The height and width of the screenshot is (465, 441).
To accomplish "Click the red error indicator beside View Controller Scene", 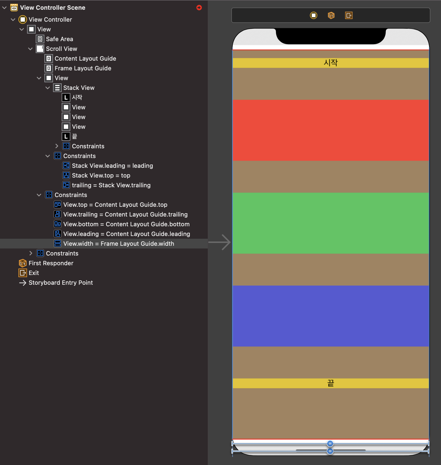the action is [x=199, y=8].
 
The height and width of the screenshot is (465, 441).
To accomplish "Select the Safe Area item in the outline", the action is [x=59, y=39].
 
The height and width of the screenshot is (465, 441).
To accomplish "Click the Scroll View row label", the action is [x=61, y=49].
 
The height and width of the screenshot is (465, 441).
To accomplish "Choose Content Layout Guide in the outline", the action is [x=85, y=58].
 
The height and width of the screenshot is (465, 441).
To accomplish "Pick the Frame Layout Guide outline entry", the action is [x=83, y=68].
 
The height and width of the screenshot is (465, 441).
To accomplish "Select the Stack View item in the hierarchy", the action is [x=79, y=88].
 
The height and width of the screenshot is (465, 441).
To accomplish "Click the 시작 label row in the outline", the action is [x=77, y=97].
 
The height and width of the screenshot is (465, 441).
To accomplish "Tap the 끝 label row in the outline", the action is [x=74, y=136].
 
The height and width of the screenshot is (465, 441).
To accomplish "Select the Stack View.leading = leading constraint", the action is [x=112, y=166].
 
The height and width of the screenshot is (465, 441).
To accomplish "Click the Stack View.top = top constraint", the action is [x=101, y=175].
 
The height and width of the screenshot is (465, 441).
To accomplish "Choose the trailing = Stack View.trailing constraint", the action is [x=111, y=185].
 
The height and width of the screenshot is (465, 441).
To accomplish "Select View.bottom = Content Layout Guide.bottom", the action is [x=126, y=224].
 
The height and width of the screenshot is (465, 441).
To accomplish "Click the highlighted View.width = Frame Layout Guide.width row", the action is [x=119, y=244].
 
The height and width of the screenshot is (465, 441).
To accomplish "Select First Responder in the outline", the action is [x=51, y=263].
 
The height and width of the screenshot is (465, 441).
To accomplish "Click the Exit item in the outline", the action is [x=34, y=273].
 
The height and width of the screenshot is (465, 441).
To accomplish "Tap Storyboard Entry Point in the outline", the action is [x=61, y=283].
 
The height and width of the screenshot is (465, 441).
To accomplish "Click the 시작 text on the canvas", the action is [x=331, y=63].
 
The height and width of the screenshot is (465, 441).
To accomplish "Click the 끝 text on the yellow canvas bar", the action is [x=331, y=383].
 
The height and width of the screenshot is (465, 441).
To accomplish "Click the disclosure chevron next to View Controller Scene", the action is [x=4, y=8].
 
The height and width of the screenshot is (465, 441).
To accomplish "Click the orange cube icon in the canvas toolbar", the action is [x=331, y=15].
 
